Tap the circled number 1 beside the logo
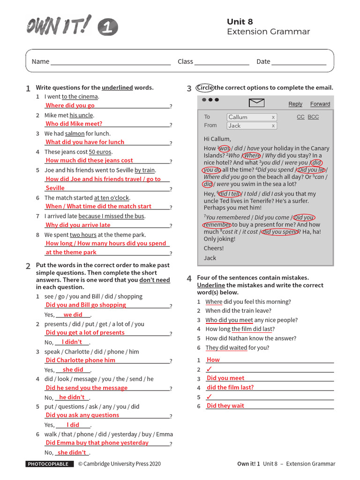point(108,28)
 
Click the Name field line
point(111,62)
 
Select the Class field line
point(222,62)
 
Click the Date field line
point(299,62)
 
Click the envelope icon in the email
point(257,103)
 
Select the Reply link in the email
point(295,104)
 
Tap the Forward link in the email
point(320,104)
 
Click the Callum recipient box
point(252,117)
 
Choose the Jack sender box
point(252,126)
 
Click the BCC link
point(313,117)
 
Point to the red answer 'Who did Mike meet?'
point(74,124)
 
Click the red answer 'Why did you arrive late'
point(78,225)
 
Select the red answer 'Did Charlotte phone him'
point(80,360)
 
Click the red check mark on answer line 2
point(209,369)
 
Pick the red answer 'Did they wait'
point(225,406)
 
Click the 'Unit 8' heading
point(240,22)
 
